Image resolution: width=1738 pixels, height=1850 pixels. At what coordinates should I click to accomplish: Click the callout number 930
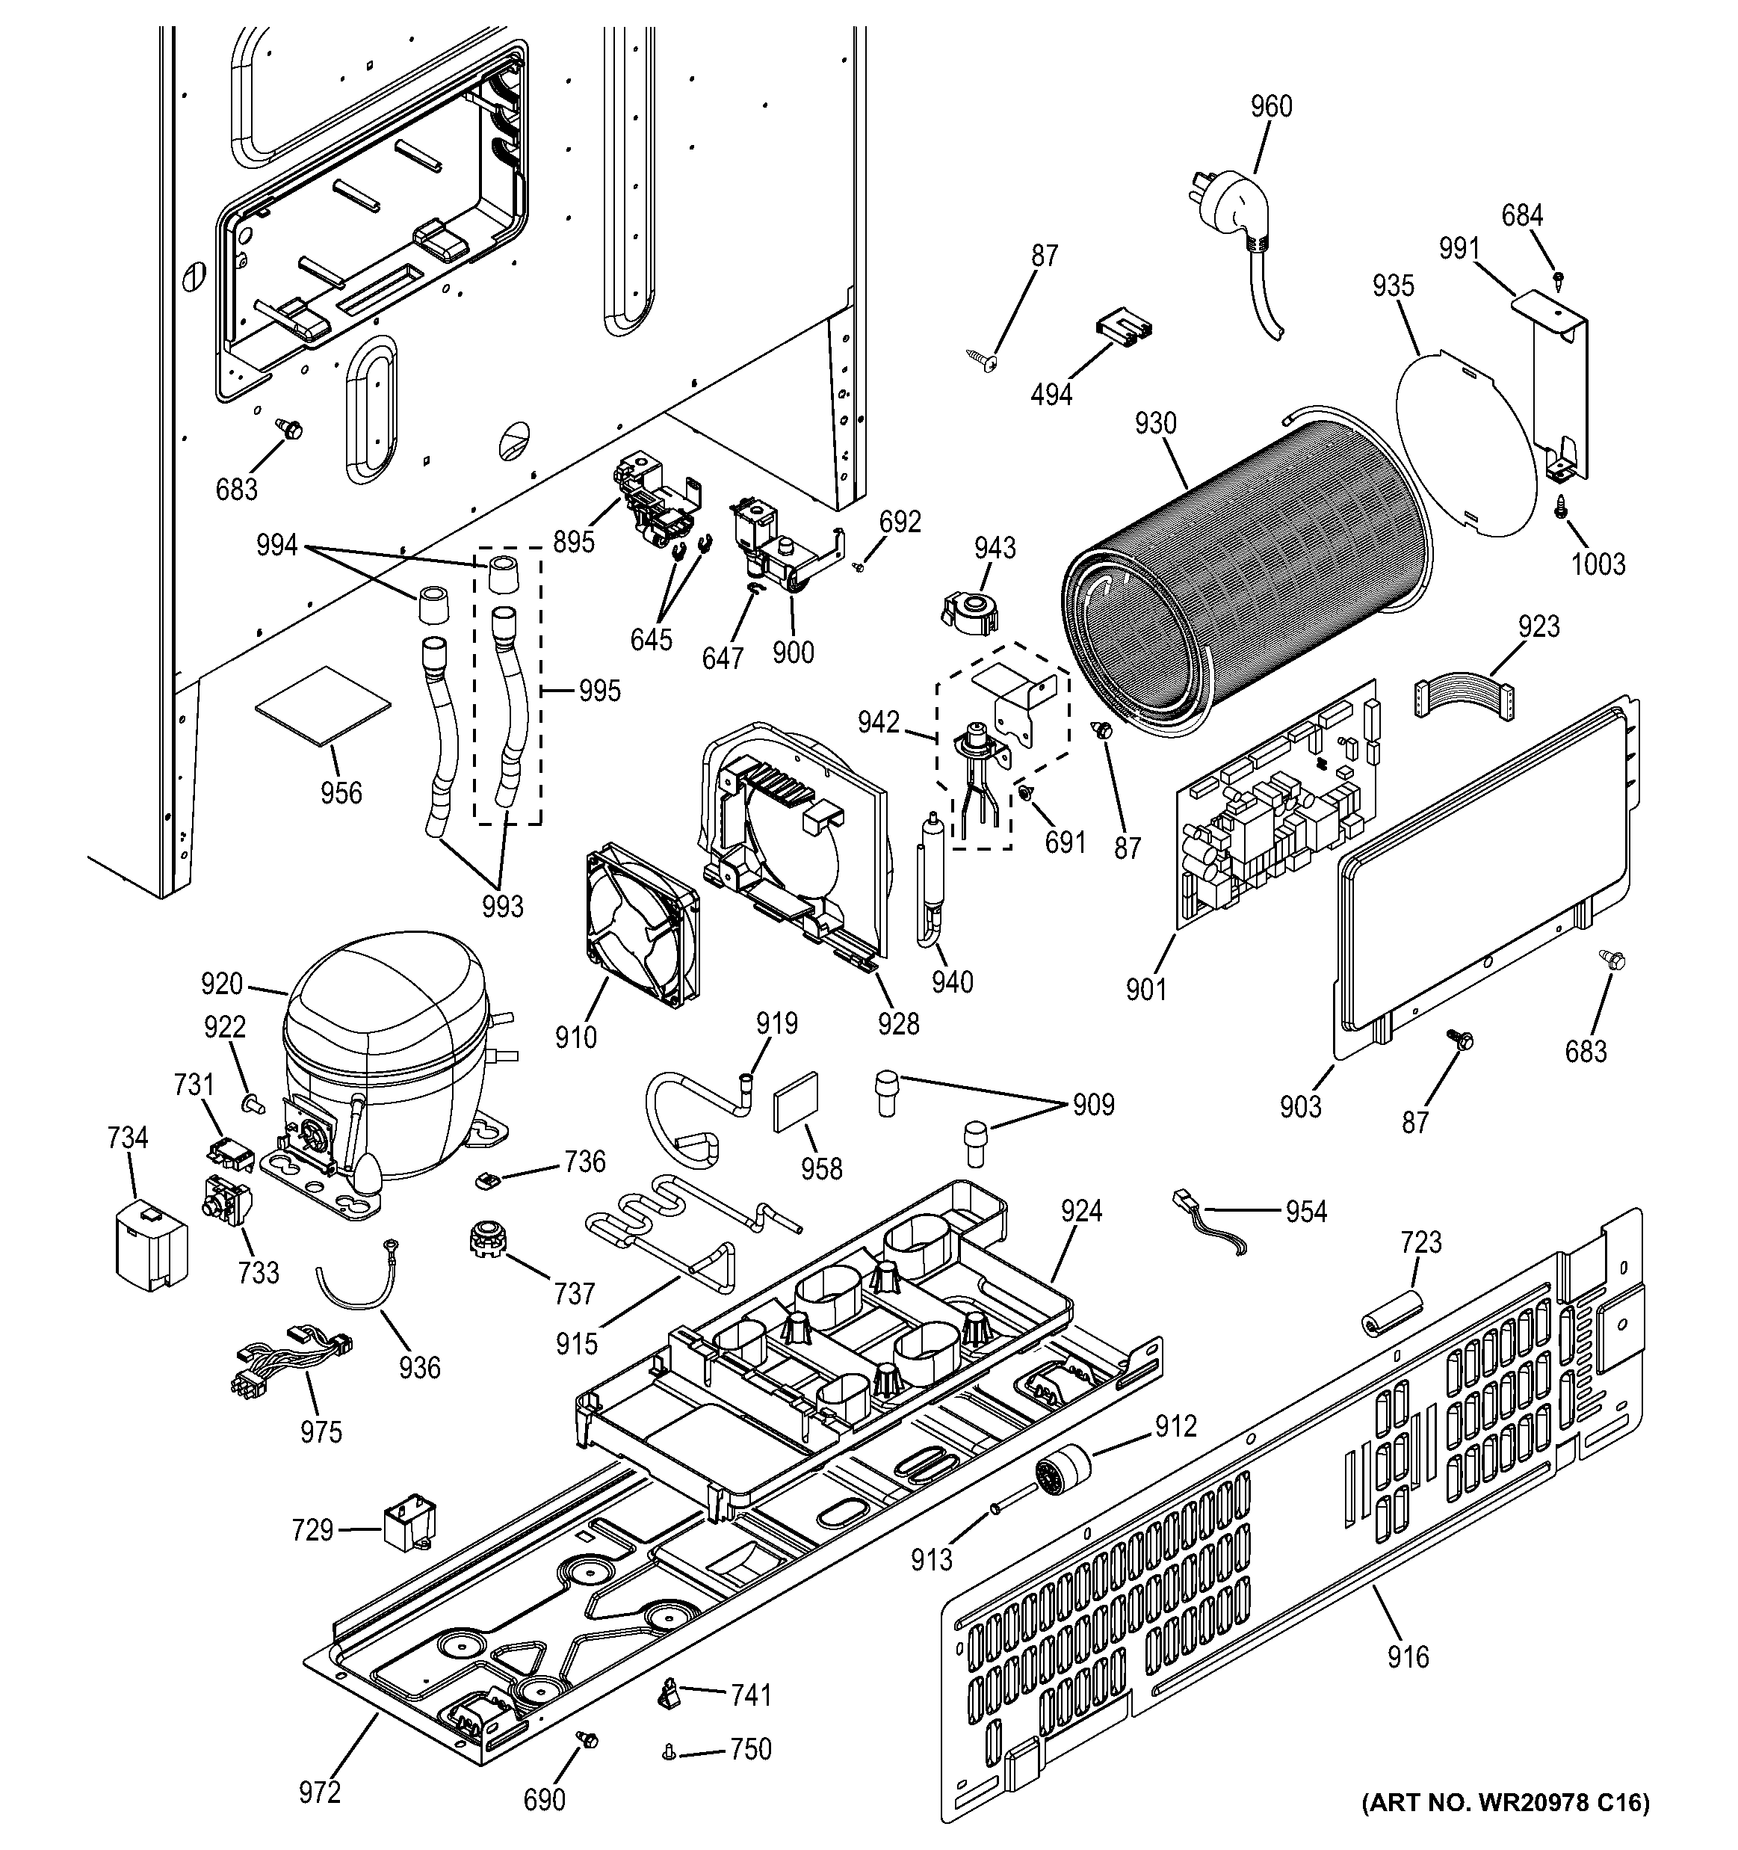(1156, 423)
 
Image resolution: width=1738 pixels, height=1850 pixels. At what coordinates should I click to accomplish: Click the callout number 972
(320, 1792)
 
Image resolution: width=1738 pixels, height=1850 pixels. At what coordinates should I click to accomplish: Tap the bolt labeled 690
(587, 1739)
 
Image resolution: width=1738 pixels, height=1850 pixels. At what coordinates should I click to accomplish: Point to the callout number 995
(599, 691)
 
